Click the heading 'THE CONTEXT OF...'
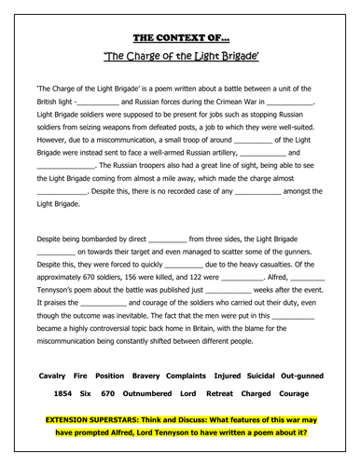179,38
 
